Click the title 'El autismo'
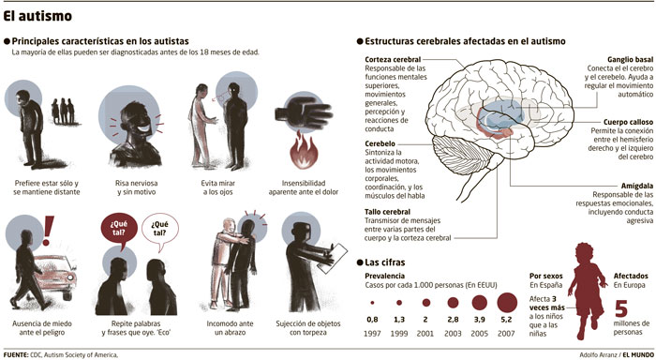click(x=37, y=16)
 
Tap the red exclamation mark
click(x=49, y=231)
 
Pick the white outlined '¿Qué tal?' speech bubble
click(x=160, y=231)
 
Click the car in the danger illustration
click(x=55, y=277)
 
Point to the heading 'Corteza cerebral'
click(x=393, y=59)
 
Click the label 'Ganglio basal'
click(x=630, y=59)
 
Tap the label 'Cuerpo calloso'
click(x=628, y=122)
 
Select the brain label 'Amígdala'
click(x=636, y=186)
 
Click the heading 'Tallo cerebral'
click(x=387, y=212)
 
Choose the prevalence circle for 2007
click(x=507, y=302)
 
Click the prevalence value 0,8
click(x=372, y=320)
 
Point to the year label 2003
click(x=453, y=334)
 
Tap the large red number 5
click(x=621, y=308)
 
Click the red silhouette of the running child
click(x=586, y=290)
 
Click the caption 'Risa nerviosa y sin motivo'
click(x=137, y=187)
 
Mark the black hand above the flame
click(x=304, y=113)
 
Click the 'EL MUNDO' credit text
click(x=637, y=354)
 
